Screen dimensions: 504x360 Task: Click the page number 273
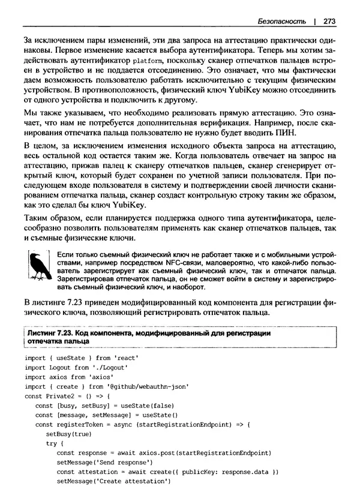[x=328, y=22]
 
